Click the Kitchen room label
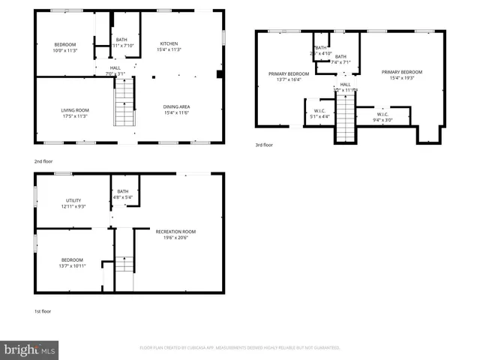169,44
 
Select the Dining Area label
176,106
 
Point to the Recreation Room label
175,231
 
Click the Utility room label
73,200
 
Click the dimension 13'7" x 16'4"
289,79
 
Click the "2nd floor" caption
43,160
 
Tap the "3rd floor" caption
263,145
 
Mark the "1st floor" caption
42,310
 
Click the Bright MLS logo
30,349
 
